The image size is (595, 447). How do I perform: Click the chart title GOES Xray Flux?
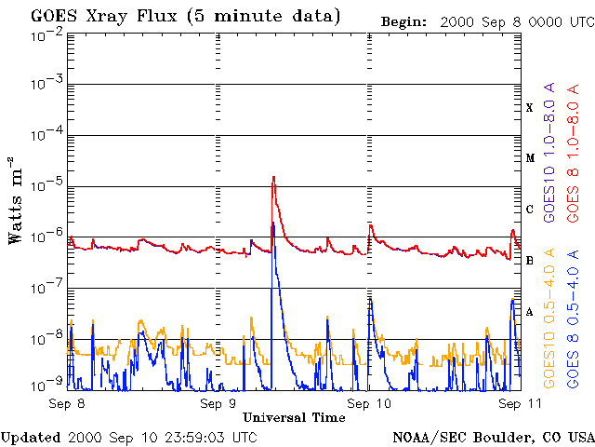(103, 17)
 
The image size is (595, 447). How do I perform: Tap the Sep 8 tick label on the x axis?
(67, 403)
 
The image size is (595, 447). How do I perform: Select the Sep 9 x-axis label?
(218, 403)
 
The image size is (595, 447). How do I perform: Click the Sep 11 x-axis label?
(520, 403)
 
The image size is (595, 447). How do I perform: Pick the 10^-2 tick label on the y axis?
(46, 38)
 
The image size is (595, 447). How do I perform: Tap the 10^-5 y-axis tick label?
(46, 186)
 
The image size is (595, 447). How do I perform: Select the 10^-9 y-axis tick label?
(46, 385)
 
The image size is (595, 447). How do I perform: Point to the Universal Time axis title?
(294, 417)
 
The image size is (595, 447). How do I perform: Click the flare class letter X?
(530, 108)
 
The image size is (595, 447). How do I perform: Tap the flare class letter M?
(530, 158)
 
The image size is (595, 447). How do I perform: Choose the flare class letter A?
(530, 312)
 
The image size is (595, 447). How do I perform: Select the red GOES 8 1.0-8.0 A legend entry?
(573, 153)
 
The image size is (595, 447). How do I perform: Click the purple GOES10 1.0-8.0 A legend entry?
(549, 152)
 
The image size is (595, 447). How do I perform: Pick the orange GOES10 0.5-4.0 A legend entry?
(549, 318)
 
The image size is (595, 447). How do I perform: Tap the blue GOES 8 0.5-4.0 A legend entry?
(573, 318)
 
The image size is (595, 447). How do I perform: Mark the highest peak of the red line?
(273, 177)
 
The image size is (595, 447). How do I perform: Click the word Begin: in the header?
(403, 22)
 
